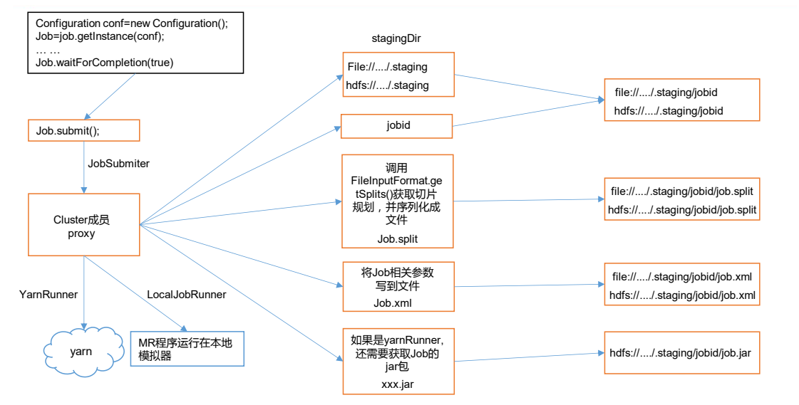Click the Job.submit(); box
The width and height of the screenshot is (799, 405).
(x=83, y=130)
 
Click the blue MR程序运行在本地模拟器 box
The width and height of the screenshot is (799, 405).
(x=187, y=349)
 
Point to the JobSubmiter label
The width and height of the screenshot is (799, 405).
(x=119, y=164)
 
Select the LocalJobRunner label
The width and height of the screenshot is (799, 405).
(x=187, y=294)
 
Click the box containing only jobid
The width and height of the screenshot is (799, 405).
(x=397, y=126)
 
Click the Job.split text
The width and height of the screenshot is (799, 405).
(x=397, y=238)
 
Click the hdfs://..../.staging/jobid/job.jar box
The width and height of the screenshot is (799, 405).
(x=681, y=352)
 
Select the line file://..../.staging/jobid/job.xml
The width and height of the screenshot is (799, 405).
(x=681, y=277)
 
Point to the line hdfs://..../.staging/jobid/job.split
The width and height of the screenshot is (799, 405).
(x=681, y=210)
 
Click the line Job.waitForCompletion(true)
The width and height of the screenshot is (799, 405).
(x=104, y=63)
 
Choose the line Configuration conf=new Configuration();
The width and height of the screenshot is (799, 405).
(x=131, y=23)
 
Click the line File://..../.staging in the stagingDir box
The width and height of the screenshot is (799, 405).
(x=387, y=67)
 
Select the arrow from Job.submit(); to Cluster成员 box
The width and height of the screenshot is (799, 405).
(x=84, y=167)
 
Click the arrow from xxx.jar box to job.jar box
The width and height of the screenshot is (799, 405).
(x=527, y=357)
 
